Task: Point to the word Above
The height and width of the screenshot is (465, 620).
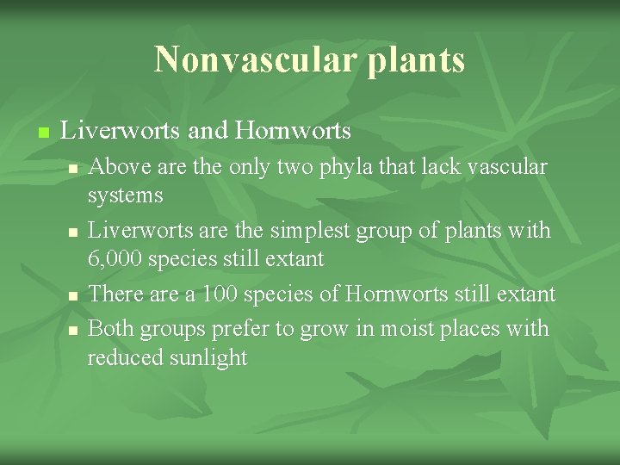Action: tap(114, 166)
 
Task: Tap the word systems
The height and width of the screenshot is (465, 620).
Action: tap(125, 196)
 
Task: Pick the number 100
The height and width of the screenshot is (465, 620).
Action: tap(220, 294)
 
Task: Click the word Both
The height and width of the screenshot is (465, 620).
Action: tap(109, 328)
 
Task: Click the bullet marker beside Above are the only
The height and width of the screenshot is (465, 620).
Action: tap(73, 168)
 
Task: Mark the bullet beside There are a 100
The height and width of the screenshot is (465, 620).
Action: tap(73, 295)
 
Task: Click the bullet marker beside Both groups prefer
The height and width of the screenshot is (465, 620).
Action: tap(73, 330)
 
